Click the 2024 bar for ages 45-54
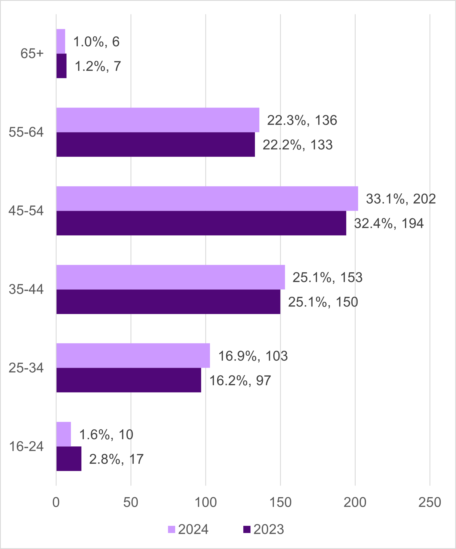tap(207, 199)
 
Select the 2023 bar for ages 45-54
tap(201, 223)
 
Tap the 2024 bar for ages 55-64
tap(158, 120)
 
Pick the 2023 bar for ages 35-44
tap(168, 302)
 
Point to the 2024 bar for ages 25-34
tap(133, 356)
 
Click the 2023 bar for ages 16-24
tap(69, 459)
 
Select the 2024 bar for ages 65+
tap(61, 41)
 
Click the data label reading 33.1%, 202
tap(401, 199)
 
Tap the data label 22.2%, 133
tap(297, 145)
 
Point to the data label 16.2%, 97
tap(240, 381)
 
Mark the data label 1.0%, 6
tap(96, 42)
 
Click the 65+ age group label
tap(32, 54)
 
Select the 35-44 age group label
tap(26, 290)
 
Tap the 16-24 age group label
tap(26, 447)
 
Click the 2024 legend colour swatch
tap(171, 529)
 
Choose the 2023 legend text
tap(268, 530)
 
